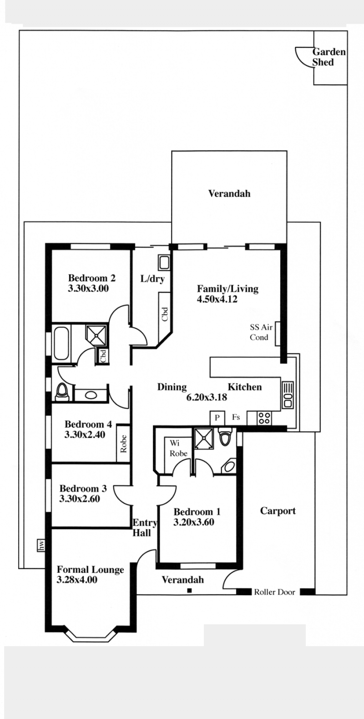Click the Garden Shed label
(329, 57)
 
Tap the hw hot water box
(41, 545)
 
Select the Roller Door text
(274, 592)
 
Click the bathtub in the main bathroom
(61, 343)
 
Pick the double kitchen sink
(288, 395)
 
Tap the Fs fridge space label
(236, 417)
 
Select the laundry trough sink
(165, 263)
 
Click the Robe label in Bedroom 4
(123, 444)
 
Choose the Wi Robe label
(178, 449)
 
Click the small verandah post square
(190, 590)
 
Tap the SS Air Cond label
(261, 332)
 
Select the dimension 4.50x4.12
(217, 299)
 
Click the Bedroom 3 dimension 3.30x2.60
(80, 499)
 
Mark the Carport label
(278, 511)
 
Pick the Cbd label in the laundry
(165, 314)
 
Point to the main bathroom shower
(96, 335)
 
